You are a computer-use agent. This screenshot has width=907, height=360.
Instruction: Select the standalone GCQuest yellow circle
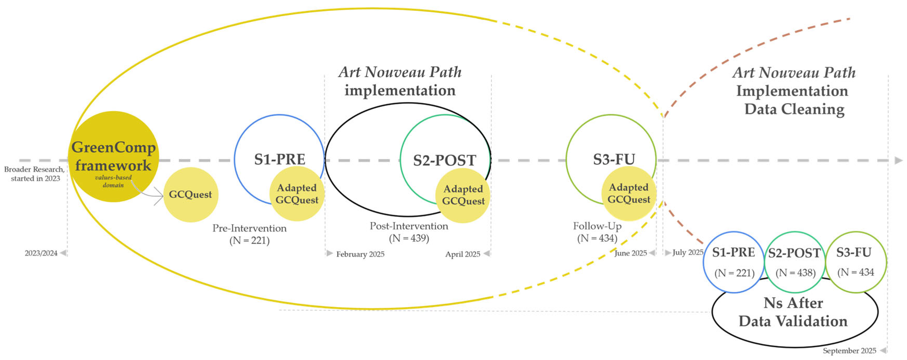pos(190,195)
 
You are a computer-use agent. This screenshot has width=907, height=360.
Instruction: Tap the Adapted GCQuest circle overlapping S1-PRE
pos(297,194)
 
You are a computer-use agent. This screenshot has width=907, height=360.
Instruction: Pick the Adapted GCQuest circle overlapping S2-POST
pos(463,195)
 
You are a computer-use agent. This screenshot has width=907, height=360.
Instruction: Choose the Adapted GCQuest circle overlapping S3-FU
pos(628,194)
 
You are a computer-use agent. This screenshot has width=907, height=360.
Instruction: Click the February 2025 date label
pos(360,254)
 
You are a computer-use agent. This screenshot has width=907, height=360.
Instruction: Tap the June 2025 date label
pos(630,253)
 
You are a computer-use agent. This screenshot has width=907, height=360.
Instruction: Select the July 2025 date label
pos(688,252)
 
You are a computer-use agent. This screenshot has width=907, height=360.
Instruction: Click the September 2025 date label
pos(849,351)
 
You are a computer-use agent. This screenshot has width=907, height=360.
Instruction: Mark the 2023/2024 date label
pos(41,253)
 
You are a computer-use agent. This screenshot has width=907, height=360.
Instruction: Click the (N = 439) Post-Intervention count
pos(409,238)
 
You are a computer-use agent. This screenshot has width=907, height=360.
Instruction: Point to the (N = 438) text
pos(795,272)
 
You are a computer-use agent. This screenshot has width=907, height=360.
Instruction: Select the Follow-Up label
pos(597,226)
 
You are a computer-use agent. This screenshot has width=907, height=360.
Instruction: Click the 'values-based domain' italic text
pos(113,181)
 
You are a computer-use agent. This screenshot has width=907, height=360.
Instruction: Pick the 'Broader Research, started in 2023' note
pos(34,174)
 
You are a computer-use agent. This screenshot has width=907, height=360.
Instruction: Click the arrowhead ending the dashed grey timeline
pos(898,160)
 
